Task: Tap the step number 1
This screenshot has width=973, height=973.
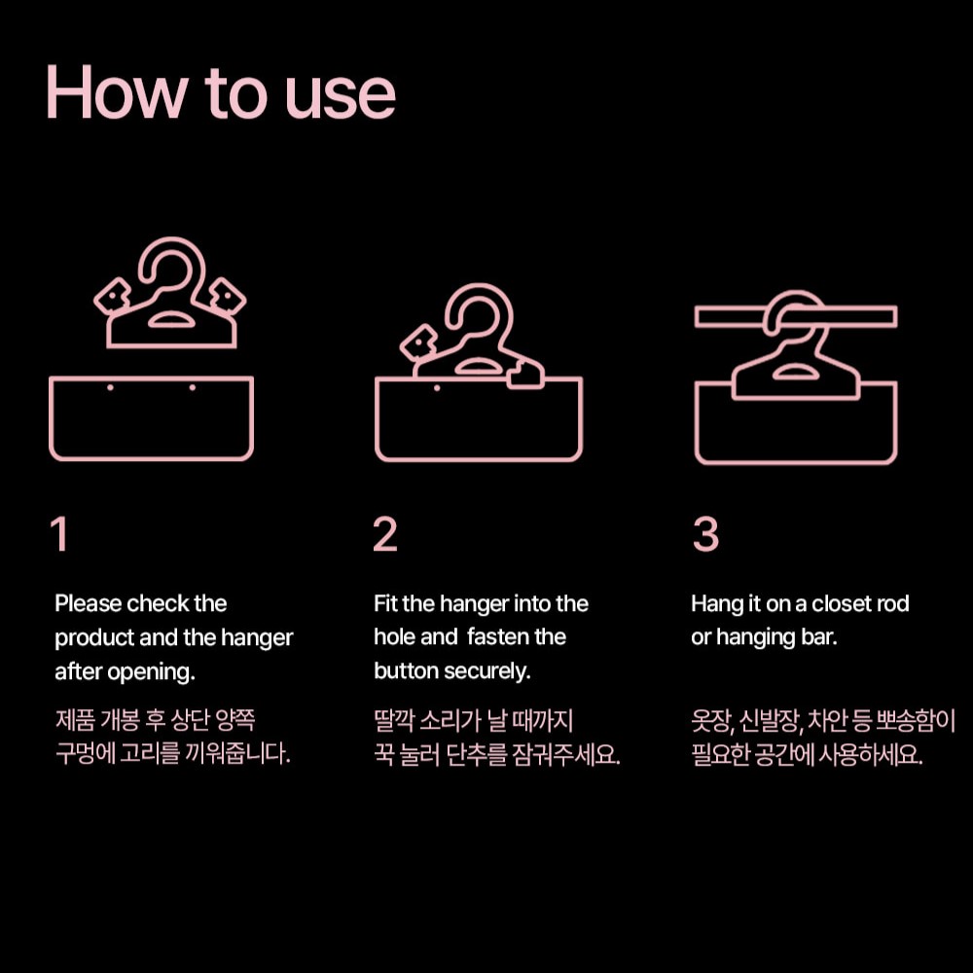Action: coord(59,533)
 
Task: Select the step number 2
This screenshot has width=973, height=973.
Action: coord(384,533)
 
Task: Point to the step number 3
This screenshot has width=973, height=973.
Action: coord(705,533)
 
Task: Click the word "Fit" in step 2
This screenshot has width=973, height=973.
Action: coord(385,603)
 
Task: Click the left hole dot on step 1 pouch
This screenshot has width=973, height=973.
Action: coord(110,388)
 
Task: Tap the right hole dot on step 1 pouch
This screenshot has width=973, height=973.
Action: coord(193,388)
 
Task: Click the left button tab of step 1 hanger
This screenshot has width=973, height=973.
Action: coord(112,296)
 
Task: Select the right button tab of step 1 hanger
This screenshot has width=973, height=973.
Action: coord(227,297)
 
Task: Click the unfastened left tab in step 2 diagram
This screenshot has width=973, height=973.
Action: coord(418,342)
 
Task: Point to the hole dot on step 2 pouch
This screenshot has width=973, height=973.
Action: coord(437,388)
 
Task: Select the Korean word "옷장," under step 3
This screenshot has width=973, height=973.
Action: coord(712,721)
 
